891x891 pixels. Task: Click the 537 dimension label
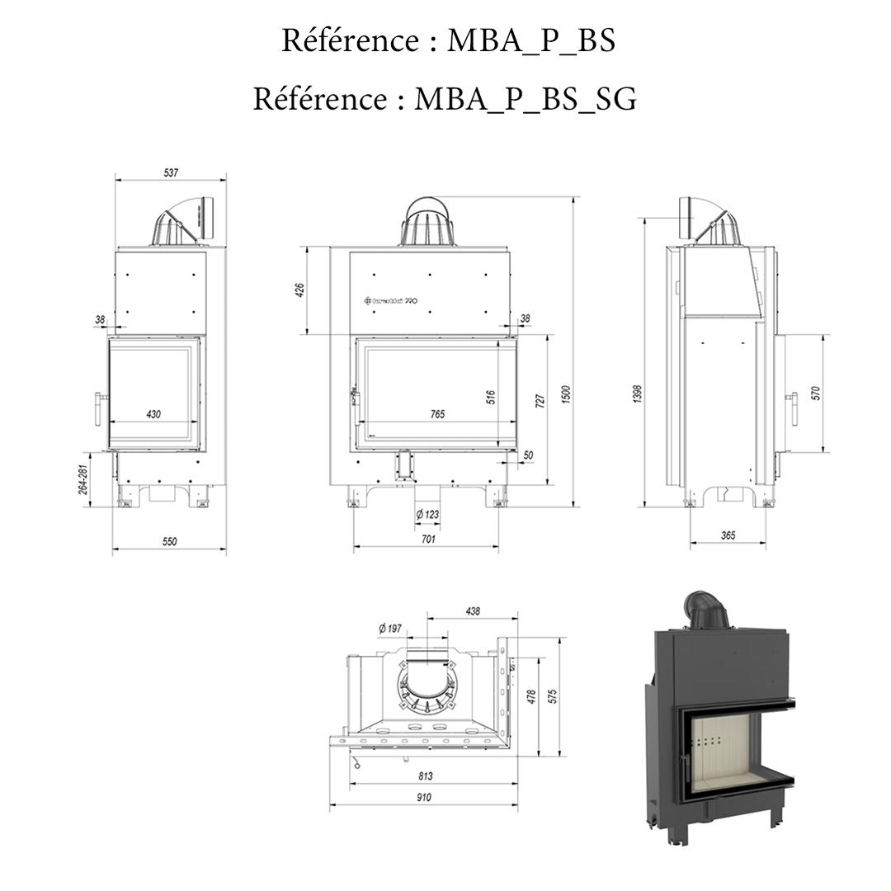[171, 173]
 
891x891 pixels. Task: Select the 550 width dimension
[169, 542]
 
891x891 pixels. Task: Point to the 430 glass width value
[153, 414]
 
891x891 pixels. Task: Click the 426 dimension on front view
[300, 290]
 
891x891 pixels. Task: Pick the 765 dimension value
[437, 414]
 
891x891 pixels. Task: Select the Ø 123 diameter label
[427, 515]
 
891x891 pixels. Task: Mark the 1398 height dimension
[637, 394]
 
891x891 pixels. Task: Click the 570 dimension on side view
[817, 394]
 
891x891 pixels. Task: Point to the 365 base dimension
[728, 535]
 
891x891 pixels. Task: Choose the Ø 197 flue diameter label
[390, 629]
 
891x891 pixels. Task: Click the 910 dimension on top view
[423, 798]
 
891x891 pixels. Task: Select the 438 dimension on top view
[473, 611]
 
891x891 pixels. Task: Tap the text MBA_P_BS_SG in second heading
[525, 99]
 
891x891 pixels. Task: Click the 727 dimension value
[540, 402]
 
